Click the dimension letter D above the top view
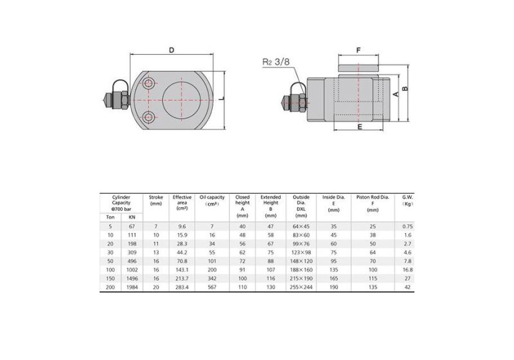[x=172, y=50]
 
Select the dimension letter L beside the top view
[x=220, y=98]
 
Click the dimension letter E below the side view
[x=360, y=127]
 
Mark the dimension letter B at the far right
[x=404, y=87]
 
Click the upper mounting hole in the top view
[x=150, y=85]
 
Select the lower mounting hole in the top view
[x=150, y=116]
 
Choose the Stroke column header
[x=156, y=201]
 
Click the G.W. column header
[x=407, y=201]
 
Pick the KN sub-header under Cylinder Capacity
[x=132, y=217]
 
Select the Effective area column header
[x=182, y=203]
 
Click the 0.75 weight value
[x=407, y=226]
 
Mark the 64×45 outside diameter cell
[x=301, y=226]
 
